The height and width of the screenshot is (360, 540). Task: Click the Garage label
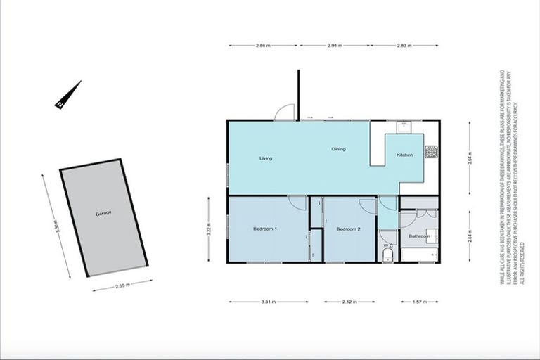click(x=103, y=212)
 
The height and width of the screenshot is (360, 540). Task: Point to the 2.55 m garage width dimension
click(x=122, y=287)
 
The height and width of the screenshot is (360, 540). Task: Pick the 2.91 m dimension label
click(x=334, y=46)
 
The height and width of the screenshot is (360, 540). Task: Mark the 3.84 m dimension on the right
click(x=470, y=159)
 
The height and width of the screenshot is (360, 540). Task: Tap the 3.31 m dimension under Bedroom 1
click(x=268, y=302)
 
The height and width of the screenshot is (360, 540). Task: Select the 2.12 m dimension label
click(x=349, y=302)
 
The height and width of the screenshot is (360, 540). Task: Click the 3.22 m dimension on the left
click(x=209, y=229)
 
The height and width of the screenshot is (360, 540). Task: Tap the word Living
click(x=265, y=158)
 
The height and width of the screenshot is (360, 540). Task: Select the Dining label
click(x=338, y=149)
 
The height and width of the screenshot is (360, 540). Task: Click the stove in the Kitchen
click(x=430, y=150)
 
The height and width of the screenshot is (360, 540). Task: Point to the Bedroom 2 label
click(x=348, y=229)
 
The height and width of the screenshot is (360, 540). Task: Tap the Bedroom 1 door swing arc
click(x=298, y=203)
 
